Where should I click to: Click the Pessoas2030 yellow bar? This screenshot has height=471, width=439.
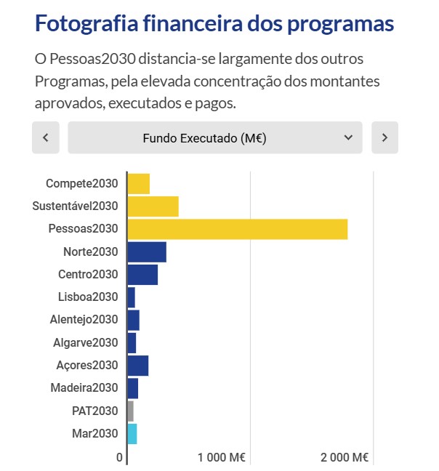click(237, 229)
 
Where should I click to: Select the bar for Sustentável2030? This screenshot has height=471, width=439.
click(153, 206)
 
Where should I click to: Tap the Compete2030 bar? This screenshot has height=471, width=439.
click(138, 184)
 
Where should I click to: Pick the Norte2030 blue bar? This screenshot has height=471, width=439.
click(146, 252)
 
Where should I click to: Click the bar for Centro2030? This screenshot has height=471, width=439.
click(142, 275)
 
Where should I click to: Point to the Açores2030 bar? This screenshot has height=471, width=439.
click(137, 366)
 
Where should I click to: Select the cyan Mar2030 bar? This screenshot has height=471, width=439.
click(132, 434)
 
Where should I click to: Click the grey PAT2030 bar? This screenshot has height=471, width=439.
click(130, 411)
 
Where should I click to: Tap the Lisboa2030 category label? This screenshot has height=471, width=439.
click(87, 297)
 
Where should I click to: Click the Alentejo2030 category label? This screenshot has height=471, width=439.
click(84, 320)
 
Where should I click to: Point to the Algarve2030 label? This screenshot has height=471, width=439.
click(85, 342)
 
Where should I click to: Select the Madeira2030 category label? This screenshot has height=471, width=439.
click(84, 388)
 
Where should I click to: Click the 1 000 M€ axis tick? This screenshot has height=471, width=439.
click(222, 458)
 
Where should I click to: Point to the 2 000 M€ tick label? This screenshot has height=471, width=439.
click(345, 458)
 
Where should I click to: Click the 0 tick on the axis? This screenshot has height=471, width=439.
click(120, 458)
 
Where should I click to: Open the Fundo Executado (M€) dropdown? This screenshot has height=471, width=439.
click(214, 137)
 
